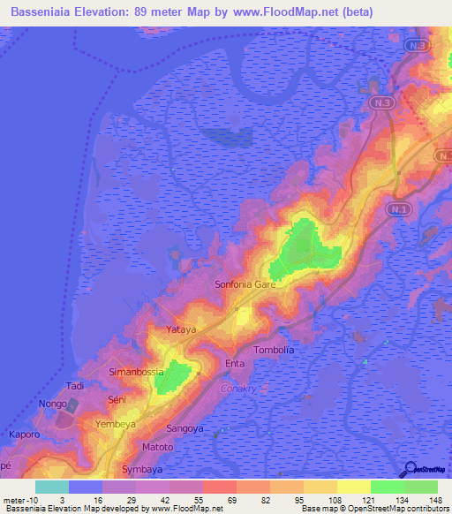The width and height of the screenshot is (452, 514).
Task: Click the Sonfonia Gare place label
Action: [246, 285]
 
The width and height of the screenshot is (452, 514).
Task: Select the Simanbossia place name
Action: [138, 372]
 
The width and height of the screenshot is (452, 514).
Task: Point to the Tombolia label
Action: [274, 350]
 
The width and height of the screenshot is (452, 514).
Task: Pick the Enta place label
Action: [235, 364]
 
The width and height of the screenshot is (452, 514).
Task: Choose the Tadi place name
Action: [76, 387]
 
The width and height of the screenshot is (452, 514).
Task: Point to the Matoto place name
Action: [158, 448]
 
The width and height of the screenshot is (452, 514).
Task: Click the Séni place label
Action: [117, 400]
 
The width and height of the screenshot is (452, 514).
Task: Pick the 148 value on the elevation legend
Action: [433, 500]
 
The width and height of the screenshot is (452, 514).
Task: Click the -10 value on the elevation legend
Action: [31, 500]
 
